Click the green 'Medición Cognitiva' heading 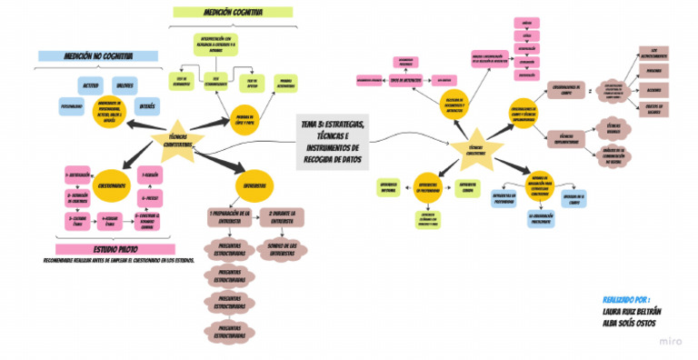tap(234, 13)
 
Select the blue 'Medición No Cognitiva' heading tap(94, 56)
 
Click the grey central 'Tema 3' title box tap(333, 141)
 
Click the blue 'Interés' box tap(147, 105)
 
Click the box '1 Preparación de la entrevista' tap(229, 216)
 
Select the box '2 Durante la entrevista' tap(283, 216)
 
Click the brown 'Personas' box tap(653, 70)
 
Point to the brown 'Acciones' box tap(653, 90)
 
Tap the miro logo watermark tap(671, 342)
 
